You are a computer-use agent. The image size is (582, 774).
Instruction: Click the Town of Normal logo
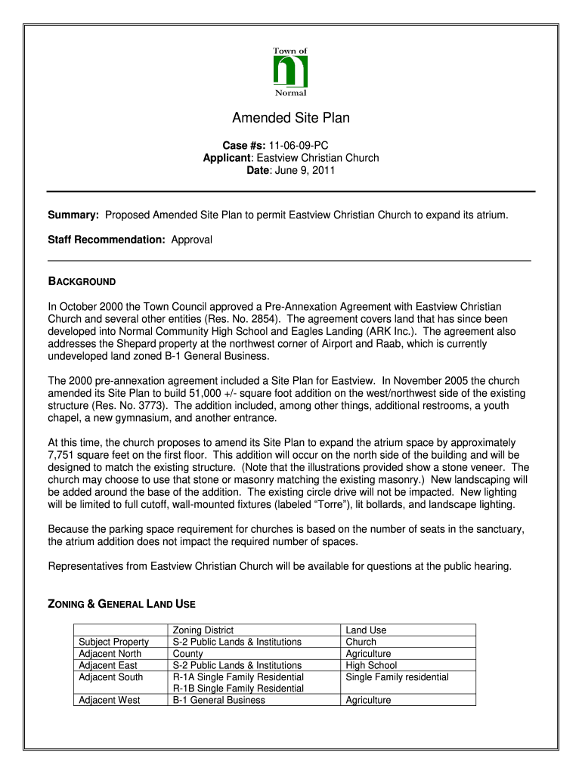click(290, 73)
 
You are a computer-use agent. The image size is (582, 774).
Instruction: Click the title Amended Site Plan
click(290, 118)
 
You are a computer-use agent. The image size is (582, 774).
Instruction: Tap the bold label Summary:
click(73, 215)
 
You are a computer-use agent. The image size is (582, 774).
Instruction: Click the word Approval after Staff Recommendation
click(192, 240)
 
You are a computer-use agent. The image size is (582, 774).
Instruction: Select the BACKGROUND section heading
click(82, 281)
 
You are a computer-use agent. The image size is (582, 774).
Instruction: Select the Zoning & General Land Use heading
click(122, 604)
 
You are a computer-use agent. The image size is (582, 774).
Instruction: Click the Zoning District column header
click(203, 630)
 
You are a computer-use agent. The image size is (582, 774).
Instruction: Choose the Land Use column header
click(366, 630)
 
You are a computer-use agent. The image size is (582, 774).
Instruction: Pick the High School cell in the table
click(371, 665)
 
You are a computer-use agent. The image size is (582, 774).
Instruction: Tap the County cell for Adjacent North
click(187, 653)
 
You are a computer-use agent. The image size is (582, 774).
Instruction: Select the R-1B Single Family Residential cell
click(238, 689)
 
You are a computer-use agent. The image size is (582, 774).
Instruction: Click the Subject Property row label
click(113, 642)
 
